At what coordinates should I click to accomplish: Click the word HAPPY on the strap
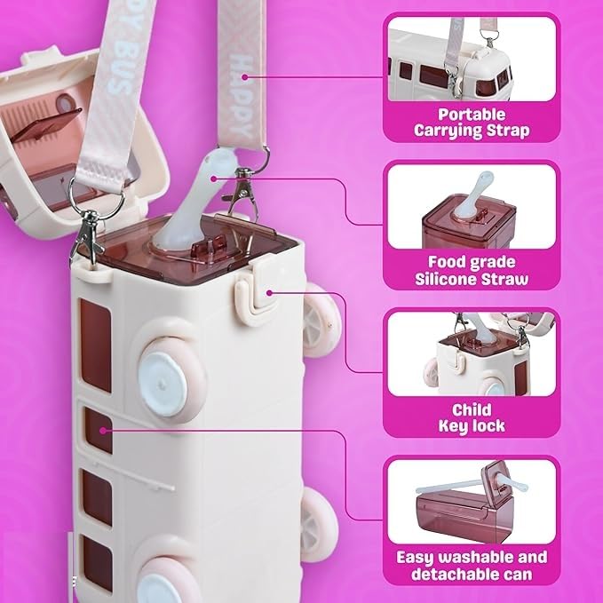point(242,96)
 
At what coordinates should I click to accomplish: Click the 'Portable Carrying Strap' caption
point(472,123)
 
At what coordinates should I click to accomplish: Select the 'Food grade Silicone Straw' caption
point(472,270)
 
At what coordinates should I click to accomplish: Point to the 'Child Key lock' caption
point(472,418)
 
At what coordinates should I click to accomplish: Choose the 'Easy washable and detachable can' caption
point(472,566)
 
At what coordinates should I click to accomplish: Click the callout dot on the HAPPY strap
point(245,77)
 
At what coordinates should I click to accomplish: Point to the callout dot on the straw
point(214,178)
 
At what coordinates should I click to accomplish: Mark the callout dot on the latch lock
point(269,293)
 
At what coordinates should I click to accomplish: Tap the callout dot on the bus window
point(103,431)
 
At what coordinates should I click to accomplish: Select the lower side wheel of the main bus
point(319,526)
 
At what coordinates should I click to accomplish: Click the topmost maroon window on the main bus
point(95,345)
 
